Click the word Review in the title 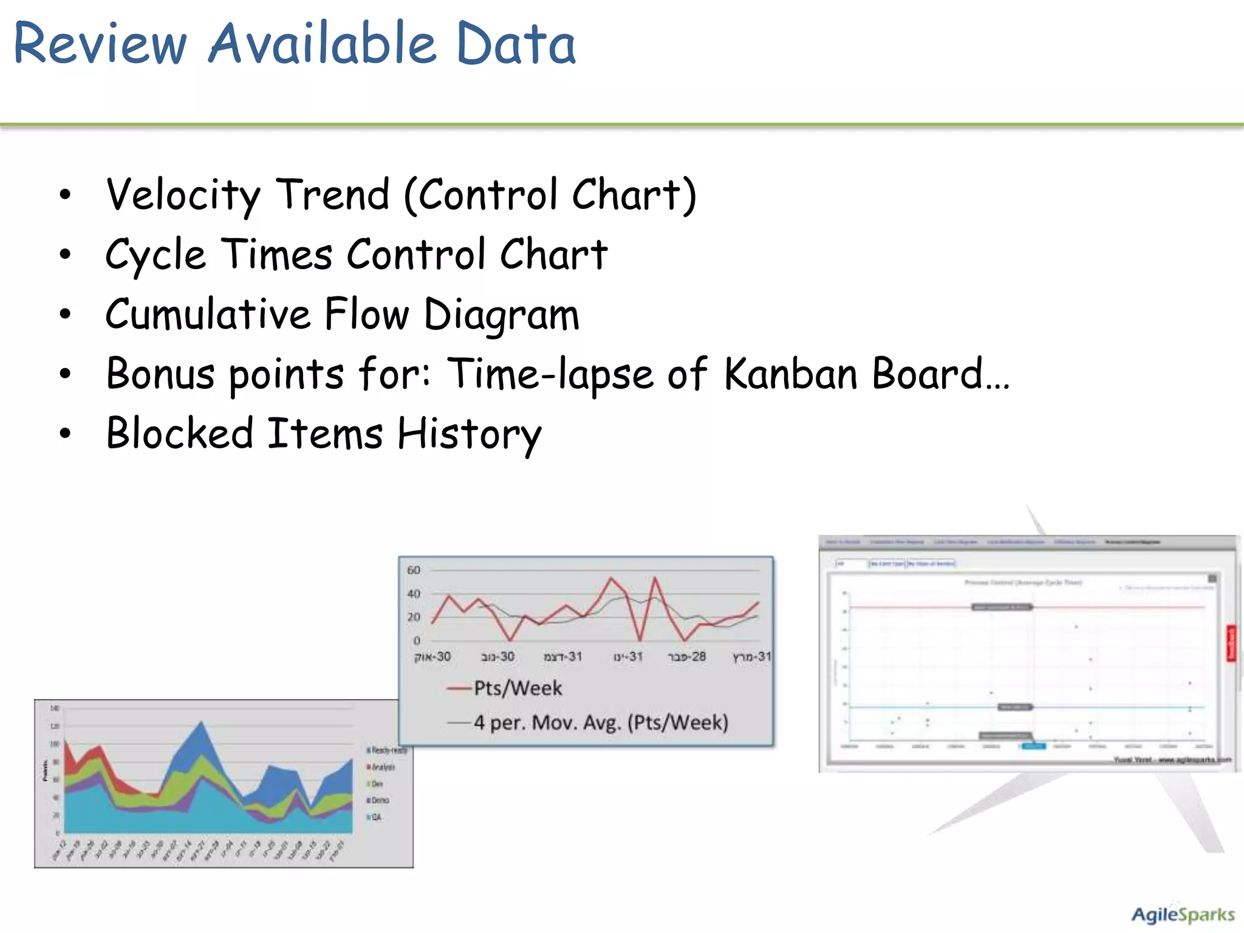click(x=100, y=44)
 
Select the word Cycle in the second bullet click(x=155, y=255)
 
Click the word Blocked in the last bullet click(x=180, y=434)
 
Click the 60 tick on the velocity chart click(x=414, y=570)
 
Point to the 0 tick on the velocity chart click(x=417, y=641)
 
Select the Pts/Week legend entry click(x=518, y=688)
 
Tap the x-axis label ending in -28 click(x=687, y=657)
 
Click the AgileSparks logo click(x=1182, y=915)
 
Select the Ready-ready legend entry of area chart click(x=389, y=751)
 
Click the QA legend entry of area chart click(x=376, y=818)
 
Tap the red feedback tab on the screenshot click(x=1231, y=643)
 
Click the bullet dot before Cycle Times click(x=65, y=255)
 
